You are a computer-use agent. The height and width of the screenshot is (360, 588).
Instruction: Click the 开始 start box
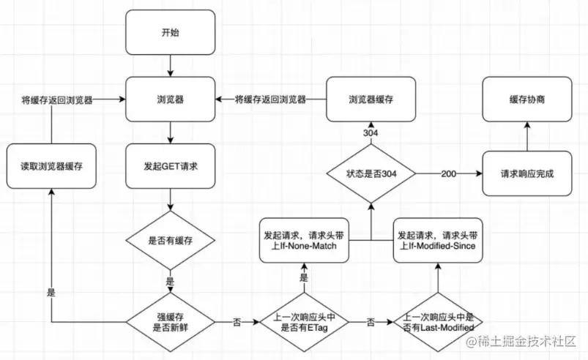coord(171,33)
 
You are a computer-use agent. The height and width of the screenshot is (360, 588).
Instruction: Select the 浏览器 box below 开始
coord(171,100)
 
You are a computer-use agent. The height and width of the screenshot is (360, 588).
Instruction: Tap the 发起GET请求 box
coord(171,166)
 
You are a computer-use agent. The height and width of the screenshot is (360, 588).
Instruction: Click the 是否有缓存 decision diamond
coord(171,240)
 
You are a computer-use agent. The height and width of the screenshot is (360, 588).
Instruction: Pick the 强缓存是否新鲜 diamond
coord(171,322)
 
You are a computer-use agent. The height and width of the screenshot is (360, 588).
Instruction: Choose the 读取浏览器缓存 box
coord(51,166)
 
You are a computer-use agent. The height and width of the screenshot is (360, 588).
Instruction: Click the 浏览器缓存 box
coord(371,100)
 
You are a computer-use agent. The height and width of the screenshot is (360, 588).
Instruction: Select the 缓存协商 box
coord(527,100)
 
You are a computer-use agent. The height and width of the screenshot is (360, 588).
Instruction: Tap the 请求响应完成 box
coord(527,173)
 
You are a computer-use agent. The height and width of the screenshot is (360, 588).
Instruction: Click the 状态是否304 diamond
coord(371,173)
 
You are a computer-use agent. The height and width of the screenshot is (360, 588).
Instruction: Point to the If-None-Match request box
coord(304,240)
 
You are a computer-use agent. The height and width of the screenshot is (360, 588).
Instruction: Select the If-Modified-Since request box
coord(438,240)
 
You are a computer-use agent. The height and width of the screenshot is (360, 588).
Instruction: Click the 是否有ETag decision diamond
coord(304,322)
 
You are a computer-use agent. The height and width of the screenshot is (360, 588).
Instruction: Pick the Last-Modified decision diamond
coord(438,322)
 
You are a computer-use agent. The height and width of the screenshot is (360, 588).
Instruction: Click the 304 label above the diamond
coord(371,133)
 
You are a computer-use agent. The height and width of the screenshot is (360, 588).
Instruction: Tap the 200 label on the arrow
coord(448,174)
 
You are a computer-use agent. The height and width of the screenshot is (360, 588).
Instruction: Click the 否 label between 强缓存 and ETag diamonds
coord(237,322)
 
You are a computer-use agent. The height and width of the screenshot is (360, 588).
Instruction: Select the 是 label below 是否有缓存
coord(170,281)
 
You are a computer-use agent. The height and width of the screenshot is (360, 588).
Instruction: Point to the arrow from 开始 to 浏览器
coord(171,66)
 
